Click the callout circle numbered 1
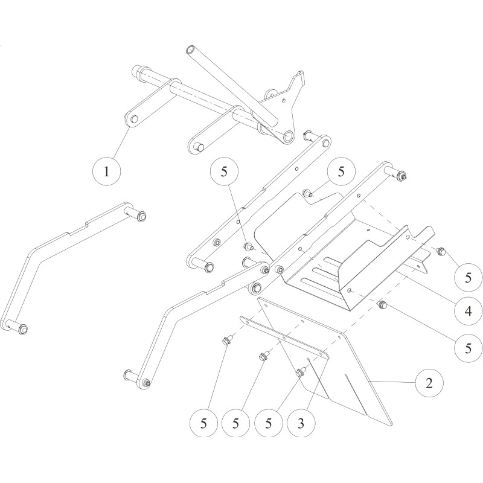pos(107,171)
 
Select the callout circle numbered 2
pos(429,383)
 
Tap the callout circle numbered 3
pos(301,423)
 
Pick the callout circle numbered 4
pos(469,311)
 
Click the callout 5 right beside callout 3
pos(268,423)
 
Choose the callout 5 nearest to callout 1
pos(224,171)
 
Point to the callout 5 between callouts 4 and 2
pos(469,348)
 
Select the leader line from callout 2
pos(393,382)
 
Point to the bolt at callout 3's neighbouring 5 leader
pos(299,373)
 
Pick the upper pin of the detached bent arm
pos(135,213)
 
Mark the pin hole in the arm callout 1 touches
pos(134,119)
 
